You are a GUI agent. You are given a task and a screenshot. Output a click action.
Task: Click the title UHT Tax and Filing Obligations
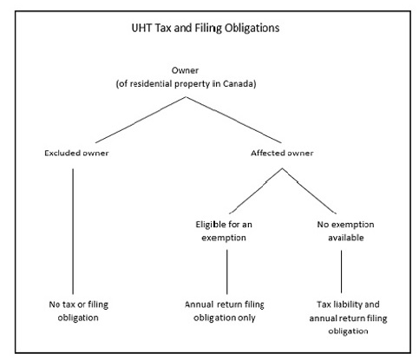coord(206,28)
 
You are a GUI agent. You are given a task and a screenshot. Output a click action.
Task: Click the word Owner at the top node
coord(185,70)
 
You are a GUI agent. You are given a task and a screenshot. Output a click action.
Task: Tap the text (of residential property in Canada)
coord(186,84)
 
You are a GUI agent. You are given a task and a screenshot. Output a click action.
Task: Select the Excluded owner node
coord(76,153)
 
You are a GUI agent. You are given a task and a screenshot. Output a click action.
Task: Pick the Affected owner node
coord(282,153)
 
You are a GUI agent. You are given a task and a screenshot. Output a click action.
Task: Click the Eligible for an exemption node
coord(224,231)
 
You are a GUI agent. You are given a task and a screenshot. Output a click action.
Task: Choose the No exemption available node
coord(345,231)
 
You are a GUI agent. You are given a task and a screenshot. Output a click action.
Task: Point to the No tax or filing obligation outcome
coord(78,311)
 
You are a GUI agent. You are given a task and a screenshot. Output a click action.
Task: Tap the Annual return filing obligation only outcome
coord(225,311)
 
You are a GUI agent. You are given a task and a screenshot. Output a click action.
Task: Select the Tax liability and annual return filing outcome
coord(348,317)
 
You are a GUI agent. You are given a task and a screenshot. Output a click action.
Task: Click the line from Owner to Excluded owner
coord(141,120)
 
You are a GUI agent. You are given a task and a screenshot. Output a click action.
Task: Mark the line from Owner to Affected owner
coord(233,120)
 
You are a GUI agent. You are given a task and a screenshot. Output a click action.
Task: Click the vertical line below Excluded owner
coord(73,232)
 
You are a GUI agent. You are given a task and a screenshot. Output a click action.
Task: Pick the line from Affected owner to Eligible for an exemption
coord(256,191)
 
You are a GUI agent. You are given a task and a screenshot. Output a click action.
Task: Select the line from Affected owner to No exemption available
coord(310,191)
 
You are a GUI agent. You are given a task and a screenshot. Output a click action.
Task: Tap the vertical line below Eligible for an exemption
coord(227,272)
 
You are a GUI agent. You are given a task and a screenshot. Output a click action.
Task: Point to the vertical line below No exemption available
coord(341,272)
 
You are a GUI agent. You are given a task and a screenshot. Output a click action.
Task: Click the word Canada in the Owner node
coord(239,84)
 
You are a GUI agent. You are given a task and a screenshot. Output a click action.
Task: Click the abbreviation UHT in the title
coord(142,28)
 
